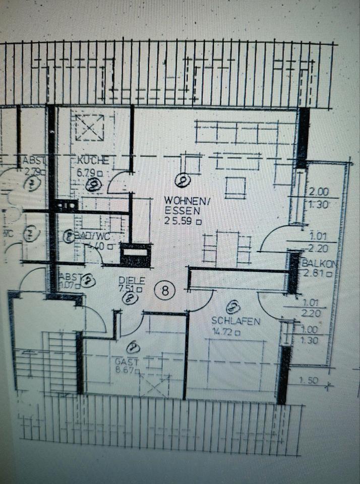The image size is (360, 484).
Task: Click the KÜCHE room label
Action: (x=93, y=160)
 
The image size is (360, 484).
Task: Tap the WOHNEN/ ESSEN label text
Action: (x=182, y=206)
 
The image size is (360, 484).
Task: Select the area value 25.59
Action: (x=180, y=220)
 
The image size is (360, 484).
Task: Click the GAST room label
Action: (x=127, y=362)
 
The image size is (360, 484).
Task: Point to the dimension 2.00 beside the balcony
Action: (x=319, y=192)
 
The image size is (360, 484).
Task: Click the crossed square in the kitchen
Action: (x=90, y=127)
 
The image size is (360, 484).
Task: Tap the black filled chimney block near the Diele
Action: (x=135, y=255)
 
